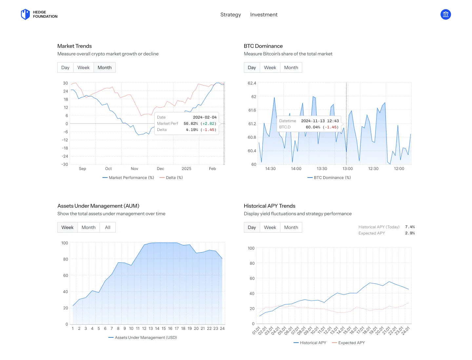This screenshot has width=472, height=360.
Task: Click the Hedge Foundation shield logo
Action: point(25,14)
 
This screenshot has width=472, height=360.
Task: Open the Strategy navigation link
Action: point(230,15)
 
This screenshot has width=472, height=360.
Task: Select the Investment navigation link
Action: point(264,15)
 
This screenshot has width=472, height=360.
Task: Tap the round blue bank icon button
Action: point(445,14)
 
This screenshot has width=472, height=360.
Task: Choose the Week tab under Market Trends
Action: point(83,67)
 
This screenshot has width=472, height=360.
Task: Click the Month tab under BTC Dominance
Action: point(291,67)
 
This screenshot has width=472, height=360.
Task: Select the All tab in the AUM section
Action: point(108,227)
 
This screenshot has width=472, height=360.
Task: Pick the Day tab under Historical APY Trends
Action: point(252,227)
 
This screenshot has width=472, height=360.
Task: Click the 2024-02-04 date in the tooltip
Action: point(205,117)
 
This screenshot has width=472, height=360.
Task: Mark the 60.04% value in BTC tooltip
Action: point(313,127)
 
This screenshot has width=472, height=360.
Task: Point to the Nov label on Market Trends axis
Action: point(134,169)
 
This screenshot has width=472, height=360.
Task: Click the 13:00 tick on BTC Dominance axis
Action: point(347,169)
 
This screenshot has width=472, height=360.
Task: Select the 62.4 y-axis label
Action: point(252,83)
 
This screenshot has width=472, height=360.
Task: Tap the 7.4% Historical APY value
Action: point(410,227)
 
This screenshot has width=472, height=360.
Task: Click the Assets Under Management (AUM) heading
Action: point(98,206)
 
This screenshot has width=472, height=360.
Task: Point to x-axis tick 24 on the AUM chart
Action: point(222,329)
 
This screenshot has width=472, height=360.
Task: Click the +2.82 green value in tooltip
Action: point(208,123)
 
